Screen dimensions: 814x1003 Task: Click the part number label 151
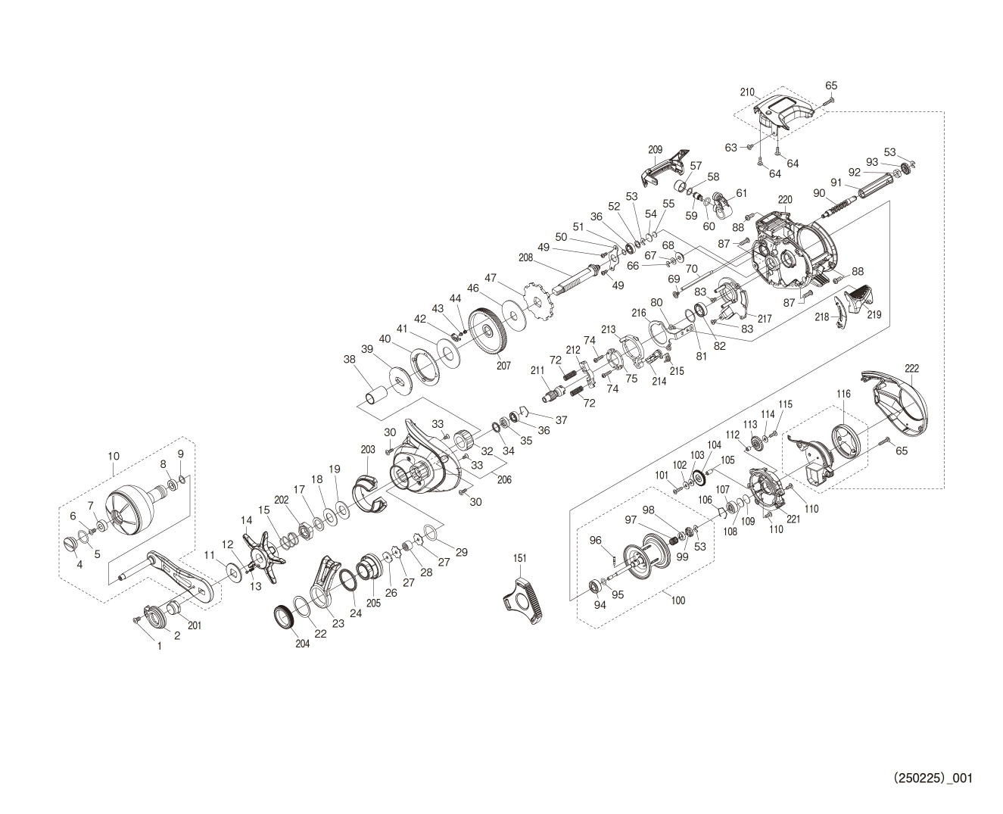click(519, 558)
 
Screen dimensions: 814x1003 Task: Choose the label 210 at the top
click(748, 92)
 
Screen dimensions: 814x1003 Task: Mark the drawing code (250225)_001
click(933, 778)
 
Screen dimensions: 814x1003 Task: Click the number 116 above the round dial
click(843, 395)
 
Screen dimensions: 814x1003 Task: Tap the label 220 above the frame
click(785, 200)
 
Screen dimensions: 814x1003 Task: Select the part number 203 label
click(368, 449)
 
